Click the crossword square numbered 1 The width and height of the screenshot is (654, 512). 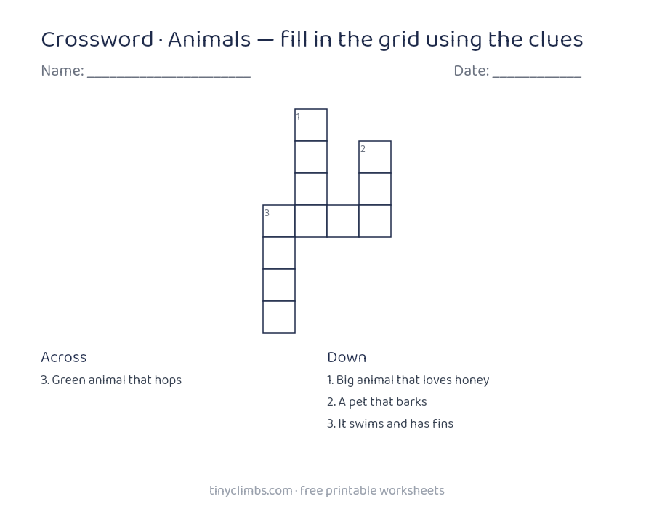(x=311, y=125)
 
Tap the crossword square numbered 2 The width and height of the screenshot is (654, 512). (x=375, y=157)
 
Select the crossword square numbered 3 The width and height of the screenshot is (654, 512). (x=279, y=221)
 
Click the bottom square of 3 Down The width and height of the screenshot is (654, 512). (x=279, y=317)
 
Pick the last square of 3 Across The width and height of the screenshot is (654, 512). (x=375, y=221)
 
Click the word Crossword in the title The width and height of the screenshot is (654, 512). (x=97, y=40)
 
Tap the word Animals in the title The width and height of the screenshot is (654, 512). (x=209, y=39)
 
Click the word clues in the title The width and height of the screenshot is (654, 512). (x=556, y=39)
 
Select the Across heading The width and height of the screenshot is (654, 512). (x=64, y=357)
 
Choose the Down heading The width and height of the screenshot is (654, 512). (x=347, y=357)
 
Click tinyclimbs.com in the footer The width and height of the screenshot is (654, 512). (x=251, y=491)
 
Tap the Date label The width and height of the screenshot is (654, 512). (x=472, y=71)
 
